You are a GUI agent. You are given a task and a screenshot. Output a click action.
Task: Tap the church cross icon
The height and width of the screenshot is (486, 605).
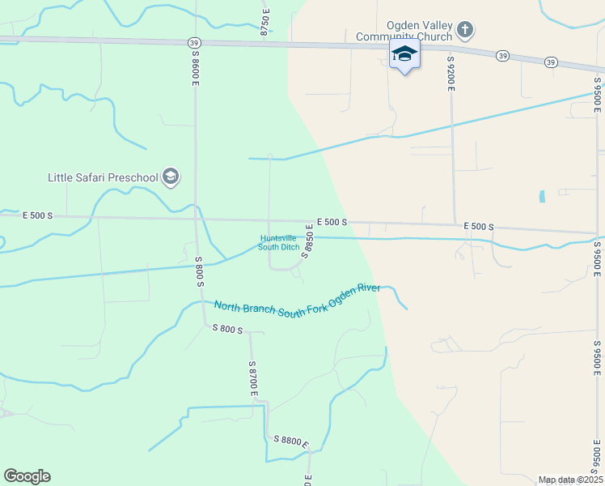465,31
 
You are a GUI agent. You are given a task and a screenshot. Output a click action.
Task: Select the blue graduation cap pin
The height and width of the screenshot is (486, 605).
404,54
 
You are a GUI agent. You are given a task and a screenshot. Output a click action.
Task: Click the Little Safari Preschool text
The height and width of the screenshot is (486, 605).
103,177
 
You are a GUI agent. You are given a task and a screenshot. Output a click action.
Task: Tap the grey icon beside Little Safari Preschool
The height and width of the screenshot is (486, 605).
171,177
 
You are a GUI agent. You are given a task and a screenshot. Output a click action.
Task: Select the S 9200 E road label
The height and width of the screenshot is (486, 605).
450,74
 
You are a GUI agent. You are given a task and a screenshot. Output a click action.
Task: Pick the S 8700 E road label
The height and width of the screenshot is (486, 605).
253,380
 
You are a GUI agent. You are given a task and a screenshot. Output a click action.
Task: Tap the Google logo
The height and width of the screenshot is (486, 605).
27,476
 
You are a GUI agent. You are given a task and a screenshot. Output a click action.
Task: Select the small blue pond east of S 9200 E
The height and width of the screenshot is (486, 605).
542,196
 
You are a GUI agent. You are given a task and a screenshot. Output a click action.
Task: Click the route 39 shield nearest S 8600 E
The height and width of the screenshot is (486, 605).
192,42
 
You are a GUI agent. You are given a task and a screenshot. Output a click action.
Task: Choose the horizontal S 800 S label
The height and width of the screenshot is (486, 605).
227,328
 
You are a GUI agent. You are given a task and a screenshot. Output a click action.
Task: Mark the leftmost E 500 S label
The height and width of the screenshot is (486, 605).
37,215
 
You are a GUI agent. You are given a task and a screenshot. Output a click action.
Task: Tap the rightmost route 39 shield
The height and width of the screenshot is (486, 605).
550,62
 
